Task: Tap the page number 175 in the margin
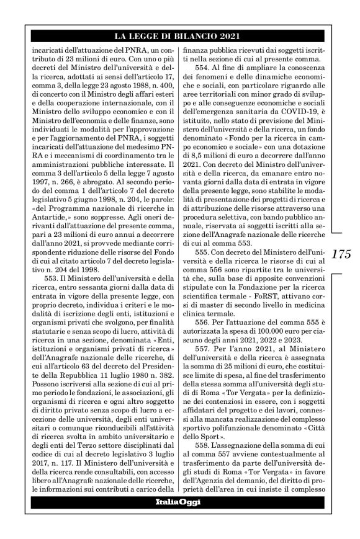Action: coord(341,254)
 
